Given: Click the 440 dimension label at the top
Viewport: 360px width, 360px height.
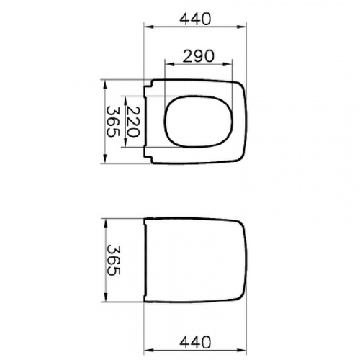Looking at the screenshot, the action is (x=195, y=19).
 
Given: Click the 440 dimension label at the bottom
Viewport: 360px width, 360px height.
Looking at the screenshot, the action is (x=195, y=342).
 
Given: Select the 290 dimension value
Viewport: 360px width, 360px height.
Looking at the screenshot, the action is (x=198, y=56).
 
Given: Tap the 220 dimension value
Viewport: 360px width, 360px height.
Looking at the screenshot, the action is (x=132, y=122).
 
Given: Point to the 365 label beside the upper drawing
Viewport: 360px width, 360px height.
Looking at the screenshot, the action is (x=113, y=122).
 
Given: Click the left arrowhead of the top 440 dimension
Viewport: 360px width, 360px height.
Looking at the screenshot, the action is (x=148, y=27).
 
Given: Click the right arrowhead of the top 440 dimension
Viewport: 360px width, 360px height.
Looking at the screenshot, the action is (x=242, y=27).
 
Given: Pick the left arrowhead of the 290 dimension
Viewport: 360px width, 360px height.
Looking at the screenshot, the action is (x=169, y=64).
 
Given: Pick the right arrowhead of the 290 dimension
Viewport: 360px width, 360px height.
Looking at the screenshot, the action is (x=228, y=64).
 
